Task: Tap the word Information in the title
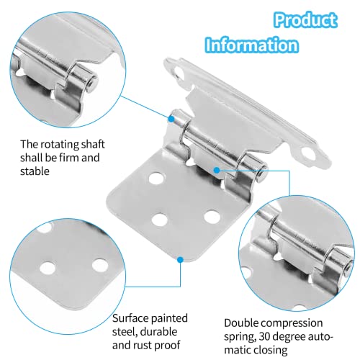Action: [x=251, y=45]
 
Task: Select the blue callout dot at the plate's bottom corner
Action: [x=180, y=258]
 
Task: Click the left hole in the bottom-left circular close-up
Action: [x=48, y=268]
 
